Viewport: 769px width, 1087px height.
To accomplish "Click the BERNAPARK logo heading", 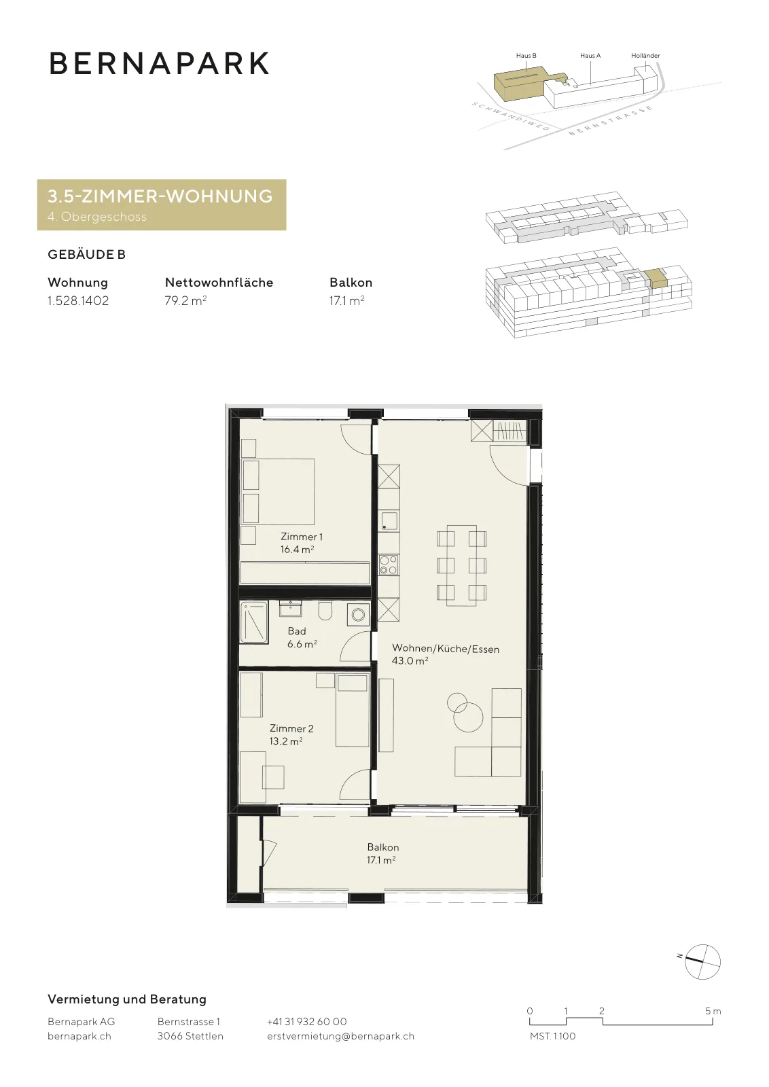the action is pyautogui.click(x=159, y=63).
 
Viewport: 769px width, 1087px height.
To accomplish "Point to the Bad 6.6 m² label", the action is pyautogui.click(x=302, y=637).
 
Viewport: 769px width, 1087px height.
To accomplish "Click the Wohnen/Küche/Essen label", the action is pyautogui.click(x=446, y=649).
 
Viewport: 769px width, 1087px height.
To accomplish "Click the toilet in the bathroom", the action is pyautogui.click(x=325, y=611).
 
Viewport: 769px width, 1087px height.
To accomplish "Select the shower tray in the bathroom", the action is pyautogui.click(x=254, y=622).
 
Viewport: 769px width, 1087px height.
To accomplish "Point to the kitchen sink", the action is pyautogui.click(x=389, y=520).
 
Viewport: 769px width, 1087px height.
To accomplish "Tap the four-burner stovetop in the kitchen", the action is pyautogui.click(x=389, y=565).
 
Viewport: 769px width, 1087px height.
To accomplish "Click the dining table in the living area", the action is pyautogui.click(x=461, y=565).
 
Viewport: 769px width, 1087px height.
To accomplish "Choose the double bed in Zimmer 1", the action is pyautogui.click(x=279, y=492).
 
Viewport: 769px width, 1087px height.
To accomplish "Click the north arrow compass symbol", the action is pyautogui.click(x=702, y=962).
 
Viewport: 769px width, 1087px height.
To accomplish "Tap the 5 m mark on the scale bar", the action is pyautogui.click(x=713, y=1012).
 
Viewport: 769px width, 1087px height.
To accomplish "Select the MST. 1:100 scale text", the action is pyautogui.click(x=552, y=1036).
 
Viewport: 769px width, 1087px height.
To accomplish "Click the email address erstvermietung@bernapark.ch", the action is pyautogui.click(x=340, y=1036).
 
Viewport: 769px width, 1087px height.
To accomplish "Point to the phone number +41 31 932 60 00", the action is pyautogui.click(x=306, y=1022).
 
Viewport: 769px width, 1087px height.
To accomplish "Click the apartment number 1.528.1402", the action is pyautogui.click(x=78, y=301).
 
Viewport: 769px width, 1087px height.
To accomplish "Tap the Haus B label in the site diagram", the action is pyautogui.click(x=526, y=55).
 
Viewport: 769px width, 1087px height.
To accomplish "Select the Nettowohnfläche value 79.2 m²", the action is pyautogui.click(x=186, y=301).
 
